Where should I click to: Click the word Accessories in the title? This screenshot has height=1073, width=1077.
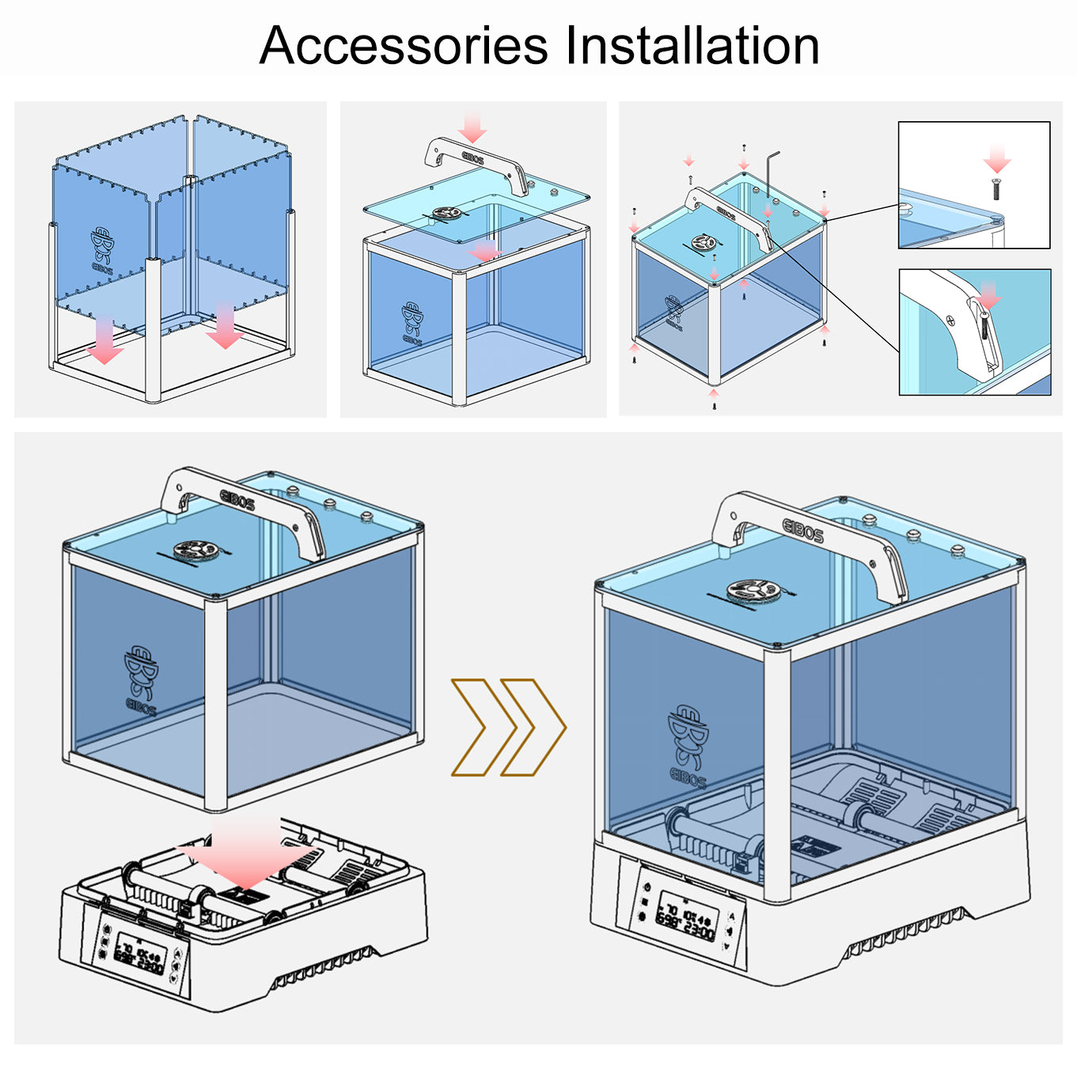click(x=404, y=45)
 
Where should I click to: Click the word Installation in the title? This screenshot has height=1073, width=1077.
click(x=692, y=45)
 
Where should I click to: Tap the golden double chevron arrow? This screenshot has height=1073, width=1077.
click(x=509, y=727)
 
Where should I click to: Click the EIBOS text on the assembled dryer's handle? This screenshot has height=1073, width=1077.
click(x=802, y=530)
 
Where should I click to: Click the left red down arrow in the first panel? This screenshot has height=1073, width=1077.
click(x=104, y=341)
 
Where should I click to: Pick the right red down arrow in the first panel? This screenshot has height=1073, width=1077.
click(x=225, y=326)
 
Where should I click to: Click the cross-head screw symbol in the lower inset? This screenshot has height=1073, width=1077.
click(x=951, y=320)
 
